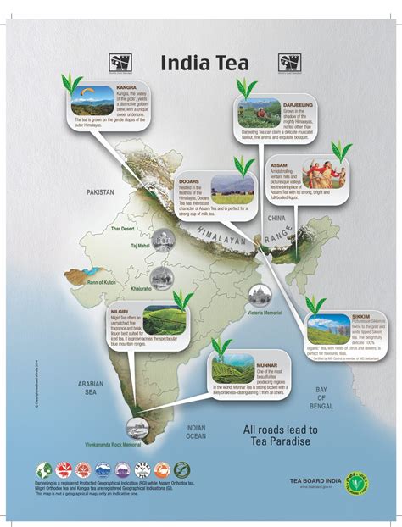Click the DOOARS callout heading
point(189,180)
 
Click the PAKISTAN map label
point(99,192)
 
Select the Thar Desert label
point(121,228)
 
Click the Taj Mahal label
point(139,246)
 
